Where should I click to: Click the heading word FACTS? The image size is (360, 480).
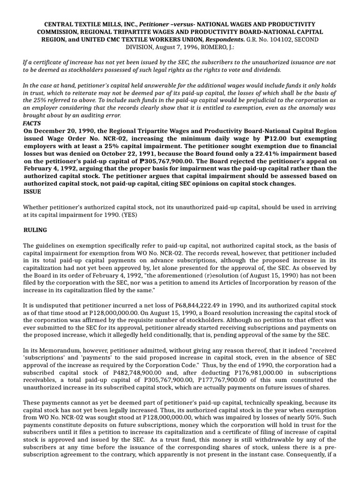[32, 123]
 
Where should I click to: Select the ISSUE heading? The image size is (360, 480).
[32, 191]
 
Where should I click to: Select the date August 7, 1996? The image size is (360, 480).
[172, 47]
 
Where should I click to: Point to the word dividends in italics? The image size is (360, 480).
[265, 70]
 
